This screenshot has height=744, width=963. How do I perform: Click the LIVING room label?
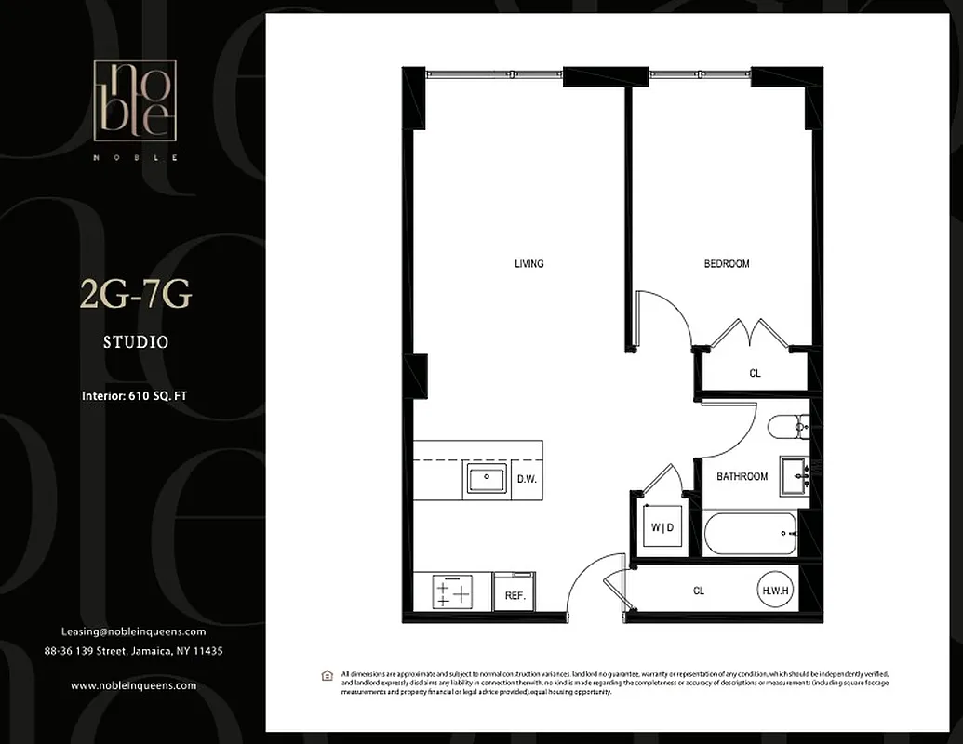click(528, 264)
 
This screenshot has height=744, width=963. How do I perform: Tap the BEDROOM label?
click(726, 264)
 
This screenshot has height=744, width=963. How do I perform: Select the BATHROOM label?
click(742, 476)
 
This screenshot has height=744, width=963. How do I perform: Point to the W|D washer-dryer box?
click(662, 528)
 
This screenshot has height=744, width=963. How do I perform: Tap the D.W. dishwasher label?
click(528, 480)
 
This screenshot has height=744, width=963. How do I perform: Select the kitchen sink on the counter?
click(486, 480)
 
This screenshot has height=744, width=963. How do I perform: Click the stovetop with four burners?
click(453, 591)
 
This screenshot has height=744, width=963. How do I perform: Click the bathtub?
click(751, 534)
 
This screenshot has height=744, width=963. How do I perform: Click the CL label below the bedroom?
click(755, 374)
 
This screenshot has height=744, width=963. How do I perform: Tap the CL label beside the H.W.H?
click(698, 590)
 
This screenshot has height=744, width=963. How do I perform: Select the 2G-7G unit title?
click(136, 296)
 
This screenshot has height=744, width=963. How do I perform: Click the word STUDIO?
click(136, 342)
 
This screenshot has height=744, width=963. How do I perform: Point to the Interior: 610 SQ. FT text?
click(136, 396)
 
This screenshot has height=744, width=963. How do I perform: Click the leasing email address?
click(133, 631)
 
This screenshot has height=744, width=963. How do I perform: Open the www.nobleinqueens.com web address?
click(133, 685)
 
